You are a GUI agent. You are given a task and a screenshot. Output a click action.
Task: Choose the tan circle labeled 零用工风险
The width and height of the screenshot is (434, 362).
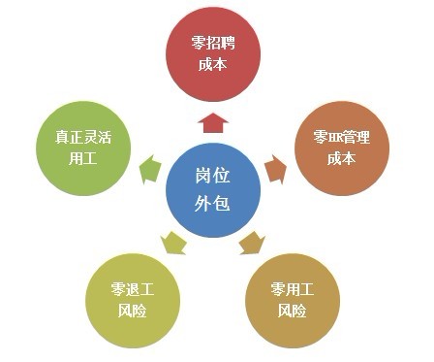point(292,300)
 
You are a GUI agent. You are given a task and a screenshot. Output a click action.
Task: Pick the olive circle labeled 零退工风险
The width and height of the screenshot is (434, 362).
point(135,300)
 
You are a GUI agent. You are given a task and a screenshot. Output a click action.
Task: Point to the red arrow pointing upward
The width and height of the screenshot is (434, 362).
point(214,121)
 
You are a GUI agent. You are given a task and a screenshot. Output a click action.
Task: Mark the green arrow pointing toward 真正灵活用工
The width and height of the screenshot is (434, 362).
point(150,168)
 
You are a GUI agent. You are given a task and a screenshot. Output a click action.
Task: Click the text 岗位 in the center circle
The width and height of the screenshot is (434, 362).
point(213,176)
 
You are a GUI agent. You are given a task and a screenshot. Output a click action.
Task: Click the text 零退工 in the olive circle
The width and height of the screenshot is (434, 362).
point(135,290)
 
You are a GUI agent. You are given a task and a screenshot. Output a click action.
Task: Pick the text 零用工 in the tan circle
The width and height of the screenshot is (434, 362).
point(292,290)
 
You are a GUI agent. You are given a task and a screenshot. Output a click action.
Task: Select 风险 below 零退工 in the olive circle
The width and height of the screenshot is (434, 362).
point(135,312)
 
